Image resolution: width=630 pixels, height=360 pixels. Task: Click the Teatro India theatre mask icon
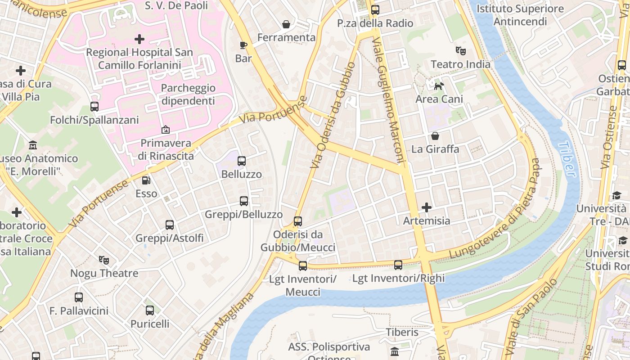point(460,50)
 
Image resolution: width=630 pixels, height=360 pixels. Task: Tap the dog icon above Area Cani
point(438,85)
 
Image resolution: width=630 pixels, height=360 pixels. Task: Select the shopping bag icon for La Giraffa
point(435,135)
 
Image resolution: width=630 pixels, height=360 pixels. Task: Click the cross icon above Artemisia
point(426,207)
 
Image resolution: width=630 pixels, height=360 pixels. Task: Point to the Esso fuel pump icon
point(146,180)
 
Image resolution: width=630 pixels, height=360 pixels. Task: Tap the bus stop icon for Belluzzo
point(242,161)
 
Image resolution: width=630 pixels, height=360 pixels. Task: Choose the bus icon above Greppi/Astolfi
point(169,225)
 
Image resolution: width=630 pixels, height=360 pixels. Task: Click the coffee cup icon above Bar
point(243,45)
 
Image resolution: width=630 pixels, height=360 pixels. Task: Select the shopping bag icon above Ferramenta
point(286,24)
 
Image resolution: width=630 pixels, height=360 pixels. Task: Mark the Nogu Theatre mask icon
point(104,260)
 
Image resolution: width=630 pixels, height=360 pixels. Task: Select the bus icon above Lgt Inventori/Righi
point(398,265)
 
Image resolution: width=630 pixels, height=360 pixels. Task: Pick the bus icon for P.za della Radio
point(375,9)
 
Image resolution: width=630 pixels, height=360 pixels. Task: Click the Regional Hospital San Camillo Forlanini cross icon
point(139,39)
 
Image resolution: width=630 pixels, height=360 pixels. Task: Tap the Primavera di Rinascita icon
point(165,130)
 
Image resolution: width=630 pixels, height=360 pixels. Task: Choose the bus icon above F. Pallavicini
point(79,297)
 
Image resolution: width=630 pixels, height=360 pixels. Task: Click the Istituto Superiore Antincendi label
point(520,15)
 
